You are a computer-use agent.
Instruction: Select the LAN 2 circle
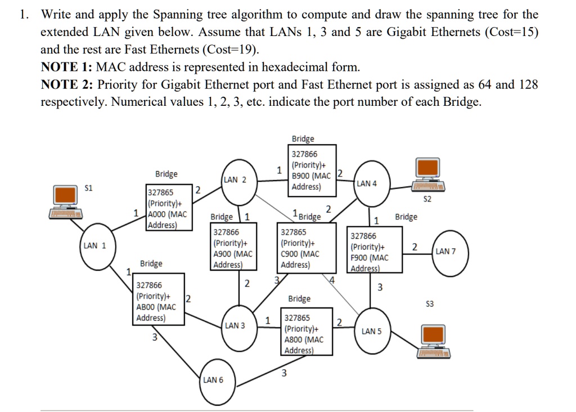[235, 181]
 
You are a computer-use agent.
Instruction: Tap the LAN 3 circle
[235, 326]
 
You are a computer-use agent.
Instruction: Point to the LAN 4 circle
[367, 184]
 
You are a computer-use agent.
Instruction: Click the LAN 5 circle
[371, 332]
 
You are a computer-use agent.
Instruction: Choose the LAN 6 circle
[213, 380]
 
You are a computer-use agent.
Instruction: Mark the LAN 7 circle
[445, 252]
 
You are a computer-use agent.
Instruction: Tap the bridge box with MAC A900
[233, 249]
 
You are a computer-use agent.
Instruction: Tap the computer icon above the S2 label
[427, 174]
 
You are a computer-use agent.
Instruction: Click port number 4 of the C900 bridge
[332, 280]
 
